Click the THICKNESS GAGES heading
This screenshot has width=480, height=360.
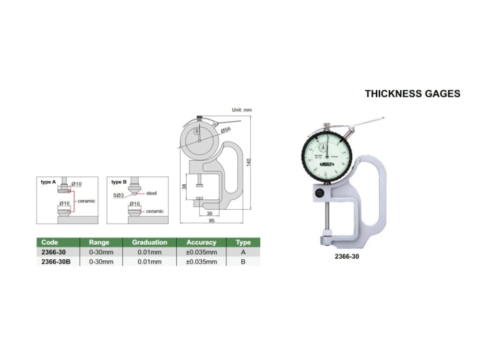coord(412,94)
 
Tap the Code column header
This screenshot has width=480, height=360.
coord(50,242)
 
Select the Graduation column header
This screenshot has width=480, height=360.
coord(150,242)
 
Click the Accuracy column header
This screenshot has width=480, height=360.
coord(202,242)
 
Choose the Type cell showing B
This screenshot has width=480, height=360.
coord(243,262)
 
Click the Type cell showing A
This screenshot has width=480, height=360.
coord(243,252)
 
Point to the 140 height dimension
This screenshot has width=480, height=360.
coord(248,162)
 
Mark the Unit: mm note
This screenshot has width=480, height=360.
coord(242,110)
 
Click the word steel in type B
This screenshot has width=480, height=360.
coord(151,193)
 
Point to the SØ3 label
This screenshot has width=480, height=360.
coord(119,196)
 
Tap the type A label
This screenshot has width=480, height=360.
coord(48,182)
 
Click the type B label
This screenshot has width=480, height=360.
coord(119,182)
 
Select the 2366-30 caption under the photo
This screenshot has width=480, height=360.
coord(347,256)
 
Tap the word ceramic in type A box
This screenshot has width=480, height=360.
coord(86,201)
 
